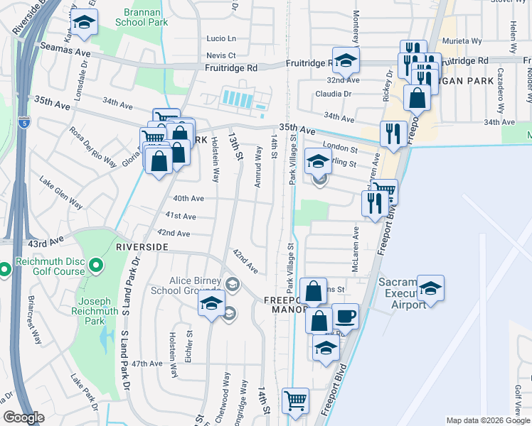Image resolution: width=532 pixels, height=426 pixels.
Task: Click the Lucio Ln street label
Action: pyautogui.click(x=220, y=38)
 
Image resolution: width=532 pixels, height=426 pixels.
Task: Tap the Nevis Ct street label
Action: pyautogui.click(x=220, y=55)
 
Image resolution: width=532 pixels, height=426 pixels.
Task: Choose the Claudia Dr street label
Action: pyautogui.click(x=334, y=94)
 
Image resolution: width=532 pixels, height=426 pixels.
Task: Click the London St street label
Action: pyautogui.click(x=339, y=147)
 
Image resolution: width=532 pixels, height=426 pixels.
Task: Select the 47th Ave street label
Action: pyautogui.click(x=147, y=363)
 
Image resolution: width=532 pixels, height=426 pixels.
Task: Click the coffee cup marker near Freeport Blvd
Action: pyautogui.click(x=346, y=317)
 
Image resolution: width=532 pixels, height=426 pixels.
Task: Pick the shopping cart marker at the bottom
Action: pyautogui.click(x=295, y=400)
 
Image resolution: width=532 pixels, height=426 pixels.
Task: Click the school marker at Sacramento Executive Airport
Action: pyautogui.click(x=430, y=288)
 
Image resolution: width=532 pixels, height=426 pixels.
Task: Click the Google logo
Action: pyautogui.click(x=24, y=417)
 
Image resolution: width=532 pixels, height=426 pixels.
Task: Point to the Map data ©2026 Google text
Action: pyautogui.click(x=487, y=420)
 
